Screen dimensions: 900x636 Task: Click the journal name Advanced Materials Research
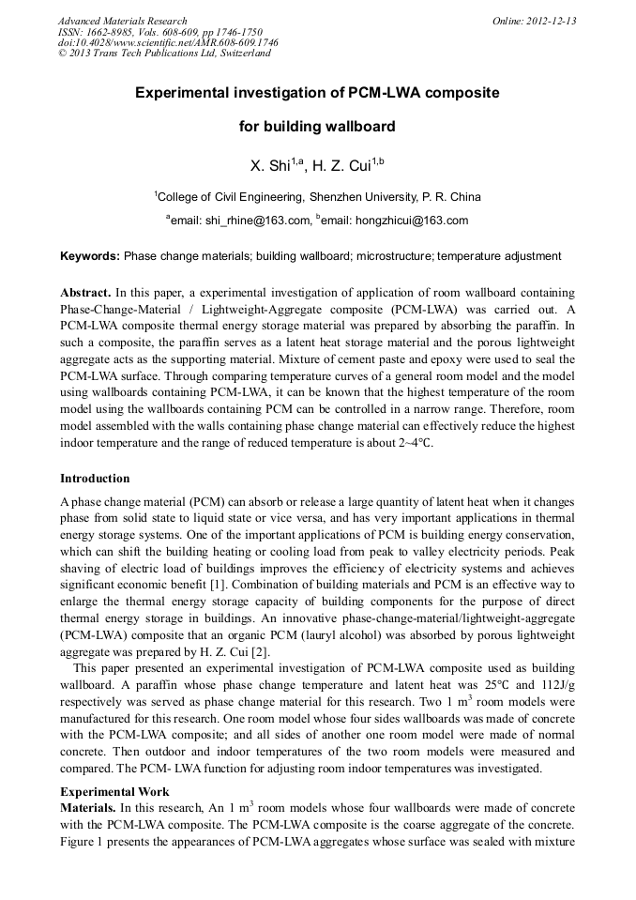point(122,21)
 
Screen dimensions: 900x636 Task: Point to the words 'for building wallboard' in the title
point(317,127)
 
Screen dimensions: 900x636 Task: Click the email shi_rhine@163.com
point(253,221)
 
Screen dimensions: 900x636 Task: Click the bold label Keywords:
point(90,256)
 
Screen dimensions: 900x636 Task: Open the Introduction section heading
point(95,479)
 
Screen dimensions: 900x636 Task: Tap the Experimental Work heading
point(114,791)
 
